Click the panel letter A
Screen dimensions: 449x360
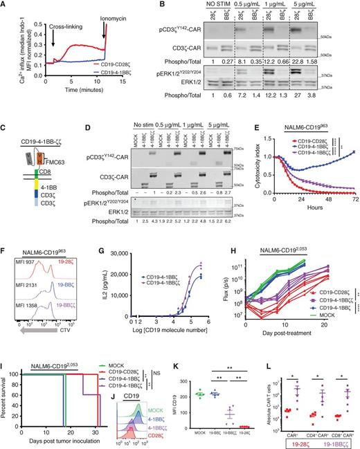[5, 6]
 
